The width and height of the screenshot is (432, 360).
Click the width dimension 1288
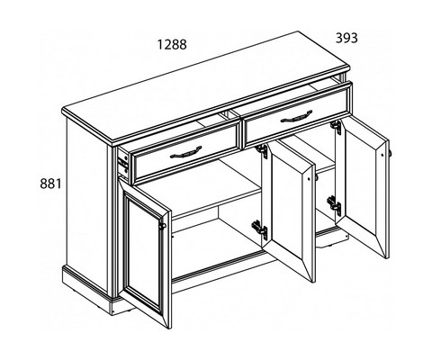point(172,45)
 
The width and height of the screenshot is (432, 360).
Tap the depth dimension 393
point(346,38)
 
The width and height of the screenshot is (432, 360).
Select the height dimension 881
point(50,184)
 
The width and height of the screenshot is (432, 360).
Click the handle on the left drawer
point(186,152)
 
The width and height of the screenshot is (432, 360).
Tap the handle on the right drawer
point(296,117)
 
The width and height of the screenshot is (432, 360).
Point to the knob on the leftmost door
point(162,226)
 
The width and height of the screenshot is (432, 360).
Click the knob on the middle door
point(316,176)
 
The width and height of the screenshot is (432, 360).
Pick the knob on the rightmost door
point(390,153)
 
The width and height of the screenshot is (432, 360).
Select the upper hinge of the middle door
point(262,150)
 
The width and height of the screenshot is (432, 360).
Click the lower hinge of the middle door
point(260,229)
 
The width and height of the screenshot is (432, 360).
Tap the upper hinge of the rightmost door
point(336,127)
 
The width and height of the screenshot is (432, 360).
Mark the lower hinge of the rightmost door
point(334,205)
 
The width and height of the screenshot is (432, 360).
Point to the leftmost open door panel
point(145,253)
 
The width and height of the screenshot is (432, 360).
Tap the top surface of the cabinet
point(206,87)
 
